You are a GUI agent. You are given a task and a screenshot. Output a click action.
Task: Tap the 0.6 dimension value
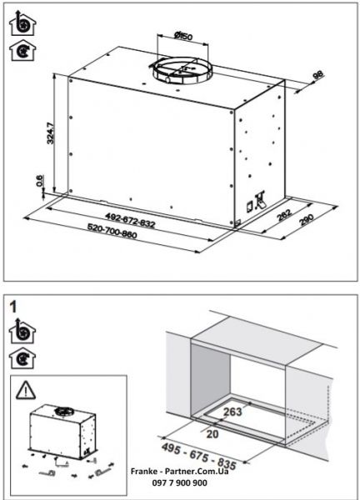[x=37, y=181]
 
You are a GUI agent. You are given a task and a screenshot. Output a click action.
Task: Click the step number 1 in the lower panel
[x=15, y=306]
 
